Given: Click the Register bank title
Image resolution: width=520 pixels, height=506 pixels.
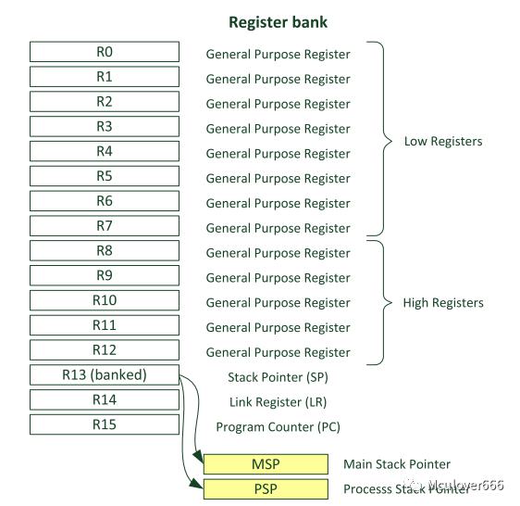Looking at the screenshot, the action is pyautogui.click(x=278, y=22).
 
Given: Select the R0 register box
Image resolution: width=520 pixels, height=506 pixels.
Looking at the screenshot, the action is pyautogui.click(x=105, y=52).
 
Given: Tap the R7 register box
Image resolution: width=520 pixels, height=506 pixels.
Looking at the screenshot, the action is pyautogui.click(x=105, y=225).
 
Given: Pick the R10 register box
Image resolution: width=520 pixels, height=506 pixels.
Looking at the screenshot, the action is pyautogui.click(x=105, y=300).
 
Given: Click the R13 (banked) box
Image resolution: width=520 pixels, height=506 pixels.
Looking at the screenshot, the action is pyautogui.click(x=105, y=374).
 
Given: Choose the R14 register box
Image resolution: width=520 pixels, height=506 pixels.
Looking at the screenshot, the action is pyautogui.click(x=105, y=399).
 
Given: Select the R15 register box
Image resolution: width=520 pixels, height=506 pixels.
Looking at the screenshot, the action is pyautogui.click(x=105, y=424).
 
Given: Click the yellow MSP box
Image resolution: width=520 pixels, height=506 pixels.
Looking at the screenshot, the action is pyautogui.click(x=266, y=463).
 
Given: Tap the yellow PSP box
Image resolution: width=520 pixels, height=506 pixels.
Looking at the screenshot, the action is pyautogui.click(x=266, y=488).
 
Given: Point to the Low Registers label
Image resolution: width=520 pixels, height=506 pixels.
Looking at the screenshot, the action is pyautogui.click(x=443, y=142).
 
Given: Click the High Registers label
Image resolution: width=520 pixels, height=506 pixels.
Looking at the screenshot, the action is pyautogui.click(x=443, y=303).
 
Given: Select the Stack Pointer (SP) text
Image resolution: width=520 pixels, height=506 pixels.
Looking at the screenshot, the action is pyautogui.click(x=278, y=377).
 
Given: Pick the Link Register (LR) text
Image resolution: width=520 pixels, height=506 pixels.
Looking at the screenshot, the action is pyautogui.click(x=278, y=402).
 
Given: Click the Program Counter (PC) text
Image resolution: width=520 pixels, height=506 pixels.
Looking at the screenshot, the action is pyautogui.click(x=278, y=427).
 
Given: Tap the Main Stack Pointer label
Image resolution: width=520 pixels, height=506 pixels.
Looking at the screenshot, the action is pyautogui.click(x=397, y=464).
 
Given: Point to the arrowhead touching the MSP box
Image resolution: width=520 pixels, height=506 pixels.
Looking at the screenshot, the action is pyautogui.click(x=198, y=456).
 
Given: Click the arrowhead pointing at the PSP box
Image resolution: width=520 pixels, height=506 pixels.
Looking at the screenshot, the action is pyautogui.click(x=196, y=484).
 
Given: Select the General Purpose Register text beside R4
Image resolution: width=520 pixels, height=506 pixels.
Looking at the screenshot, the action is pyautogui.click(x=278, y=154).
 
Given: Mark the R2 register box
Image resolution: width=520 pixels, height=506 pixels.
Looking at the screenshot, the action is pyautogui.click(x=105, y=101).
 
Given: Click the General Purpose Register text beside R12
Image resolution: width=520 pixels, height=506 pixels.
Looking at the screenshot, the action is pyautogui.click(x=278, y=352).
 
